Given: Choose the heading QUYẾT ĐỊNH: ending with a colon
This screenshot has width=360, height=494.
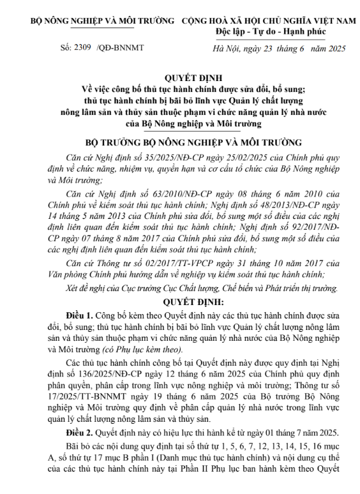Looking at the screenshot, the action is (x=180, y=299).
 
